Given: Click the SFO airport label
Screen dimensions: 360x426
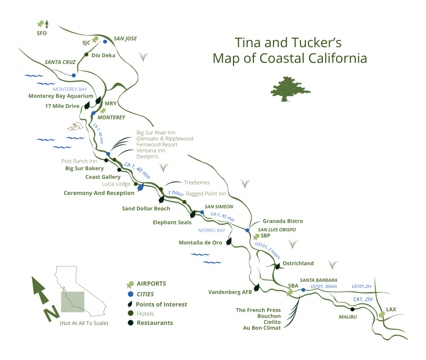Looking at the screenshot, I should (x=42, y=33).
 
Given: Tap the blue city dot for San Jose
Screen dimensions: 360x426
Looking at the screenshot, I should (x=105, y=42).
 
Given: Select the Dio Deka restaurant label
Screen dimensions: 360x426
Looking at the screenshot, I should (x=103, y=55).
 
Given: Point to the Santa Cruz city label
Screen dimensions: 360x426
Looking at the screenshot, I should (x=60, y=62).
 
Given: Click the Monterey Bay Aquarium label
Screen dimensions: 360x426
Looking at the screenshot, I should (x=61, y=96).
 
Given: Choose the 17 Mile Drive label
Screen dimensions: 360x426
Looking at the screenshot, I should (x=62, y=106).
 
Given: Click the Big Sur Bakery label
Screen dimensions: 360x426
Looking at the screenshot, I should (x=84, y=168).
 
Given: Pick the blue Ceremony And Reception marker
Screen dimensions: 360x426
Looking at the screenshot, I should (x=141, y=187).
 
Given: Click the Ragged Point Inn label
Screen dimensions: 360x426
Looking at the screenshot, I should (x=206, y=194).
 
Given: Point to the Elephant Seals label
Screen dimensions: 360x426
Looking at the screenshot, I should (x=172, y=222).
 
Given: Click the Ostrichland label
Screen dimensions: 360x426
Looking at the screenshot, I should (x=298, y=263).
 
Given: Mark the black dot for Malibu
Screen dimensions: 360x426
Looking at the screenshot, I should (x=352, y=309).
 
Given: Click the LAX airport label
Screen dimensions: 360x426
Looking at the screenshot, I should (x=391, y=309).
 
